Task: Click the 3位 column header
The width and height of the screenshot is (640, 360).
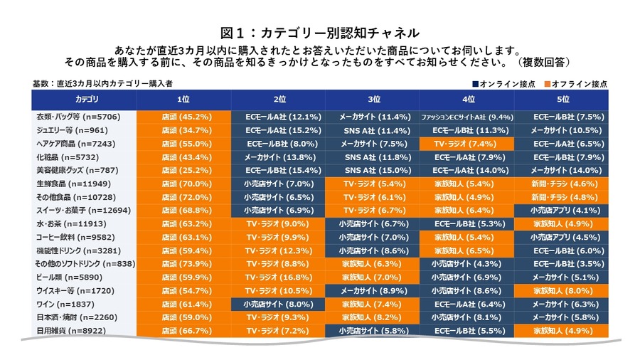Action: coord(372,98)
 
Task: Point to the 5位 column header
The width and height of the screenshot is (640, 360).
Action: coord(562,98)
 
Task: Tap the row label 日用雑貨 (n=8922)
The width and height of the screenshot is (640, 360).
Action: coord(72,331)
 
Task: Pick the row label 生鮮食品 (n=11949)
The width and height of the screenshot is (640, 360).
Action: coord(73,184)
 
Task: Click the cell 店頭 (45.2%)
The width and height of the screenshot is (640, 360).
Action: coord(183,117)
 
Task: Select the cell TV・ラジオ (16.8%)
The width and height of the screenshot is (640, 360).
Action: coord(278,277)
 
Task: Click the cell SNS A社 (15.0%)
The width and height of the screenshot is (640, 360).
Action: coord(372,170)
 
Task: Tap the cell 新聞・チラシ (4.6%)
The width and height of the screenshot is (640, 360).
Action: coord(562,184)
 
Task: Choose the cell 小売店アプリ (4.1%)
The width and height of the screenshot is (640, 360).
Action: coord(562,211)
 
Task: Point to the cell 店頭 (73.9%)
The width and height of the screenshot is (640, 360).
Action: coord(183,264)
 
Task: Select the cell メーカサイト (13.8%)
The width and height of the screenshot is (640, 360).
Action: coord(278,157)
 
